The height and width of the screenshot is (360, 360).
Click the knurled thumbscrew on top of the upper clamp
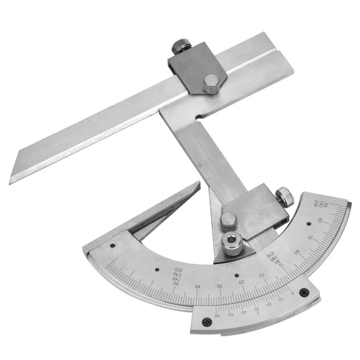(181, 46)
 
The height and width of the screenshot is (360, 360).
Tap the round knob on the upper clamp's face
(211, 82)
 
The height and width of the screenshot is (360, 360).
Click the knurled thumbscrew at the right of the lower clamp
(284, 197)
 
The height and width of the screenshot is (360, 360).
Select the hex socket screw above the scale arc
(231, 243)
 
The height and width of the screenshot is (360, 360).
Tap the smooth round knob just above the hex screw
(228, 219)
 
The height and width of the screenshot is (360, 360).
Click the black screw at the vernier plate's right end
(304, 292)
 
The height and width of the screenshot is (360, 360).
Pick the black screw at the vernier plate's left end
(207, 321)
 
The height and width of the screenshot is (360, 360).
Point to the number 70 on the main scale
(318, 237)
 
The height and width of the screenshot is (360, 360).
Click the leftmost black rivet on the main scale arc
(112, 246)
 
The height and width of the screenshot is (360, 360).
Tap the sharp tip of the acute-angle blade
(199, 183)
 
